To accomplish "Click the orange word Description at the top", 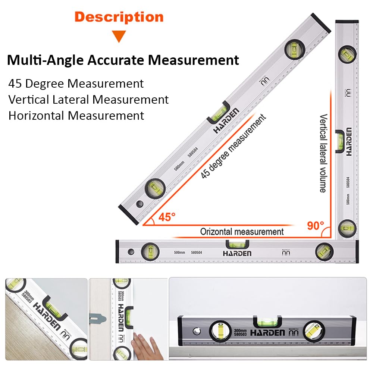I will point(119,17).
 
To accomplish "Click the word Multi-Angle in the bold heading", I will point(45,60).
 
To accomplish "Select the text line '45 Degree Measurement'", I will point(76,83).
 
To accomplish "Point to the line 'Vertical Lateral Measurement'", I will point(88,100).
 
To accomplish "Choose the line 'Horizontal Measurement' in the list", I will point(76,116).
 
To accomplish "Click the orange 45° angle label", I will point(166,217).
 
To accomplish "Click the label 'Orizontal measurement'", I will point(242,232).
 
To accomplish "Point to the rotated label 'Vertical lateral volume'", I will point(323,153).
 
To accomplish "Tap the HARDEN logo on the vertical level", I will point(348,142).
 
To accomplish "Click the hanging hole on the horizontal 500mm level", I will point(130,251).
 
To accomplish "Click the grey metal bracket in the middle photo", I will point(98,319).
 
